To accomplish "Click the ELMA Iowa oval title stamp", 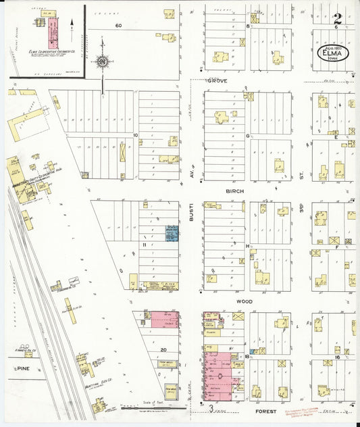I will [333, 53].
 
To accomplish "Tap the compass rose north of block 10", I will [102, 62].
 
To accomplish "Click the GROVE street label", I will [217, 81].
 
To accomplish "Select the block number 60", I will [118, 25].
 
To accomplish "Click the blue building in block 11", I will [172, 234].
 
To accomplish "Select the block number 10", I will [135, 135].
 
